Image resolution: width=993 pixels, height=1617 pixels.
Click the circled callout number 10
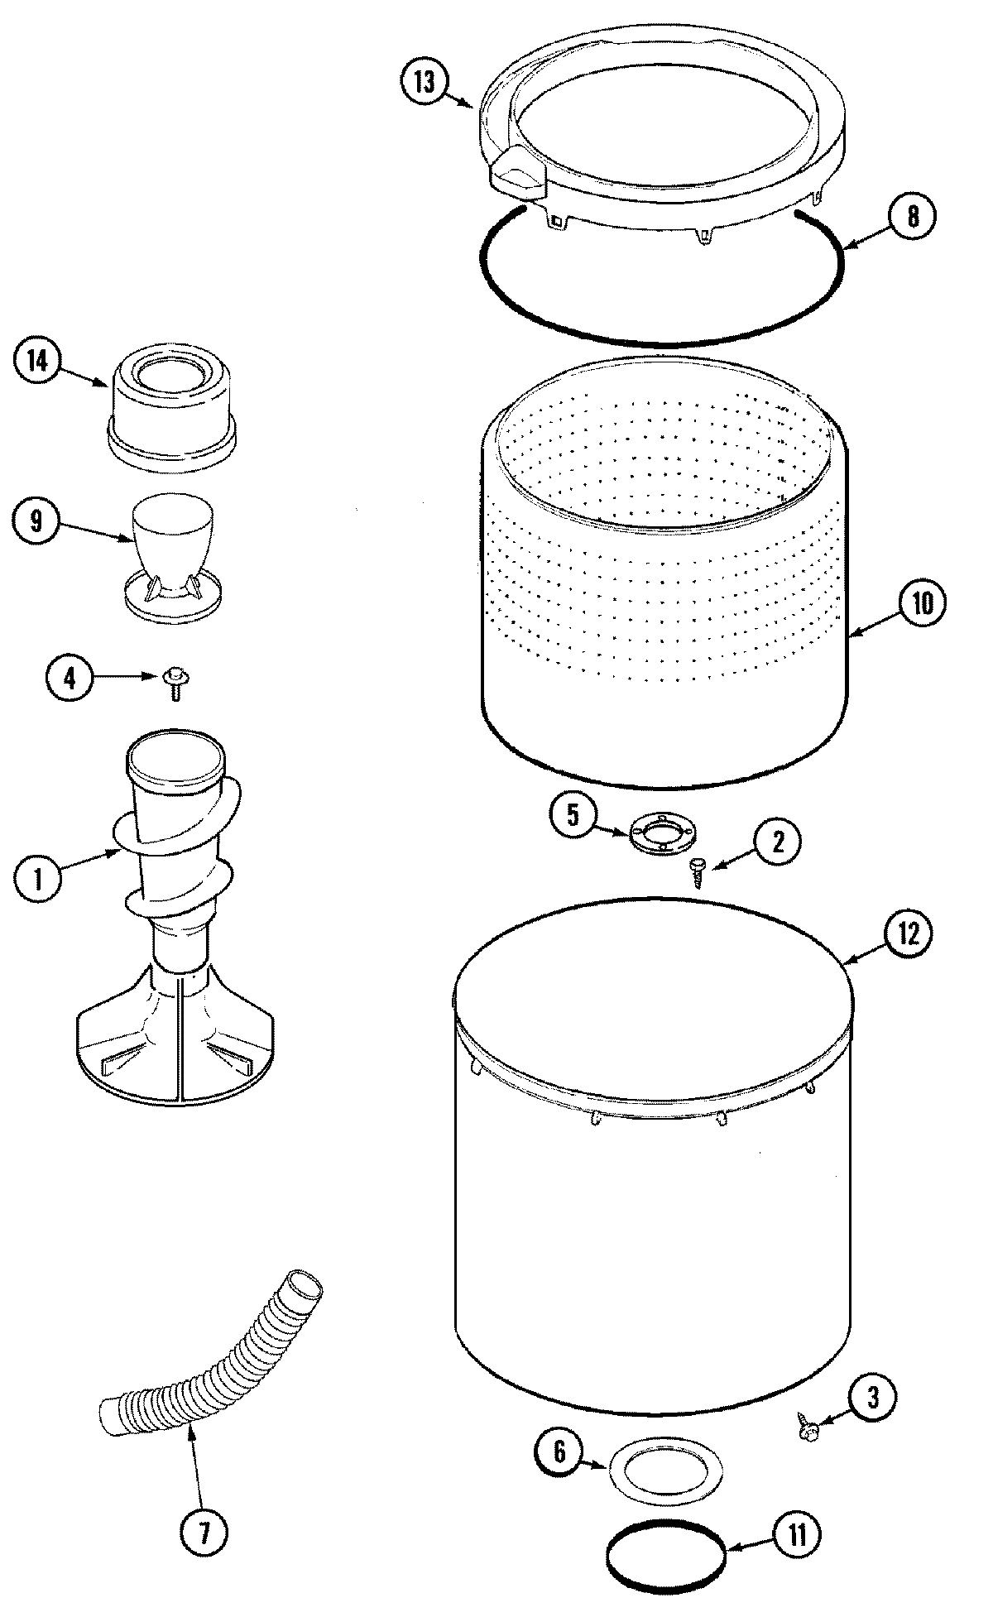point(921,603)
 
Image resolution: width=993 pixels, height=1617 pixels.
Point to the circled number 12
point(909,933)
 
